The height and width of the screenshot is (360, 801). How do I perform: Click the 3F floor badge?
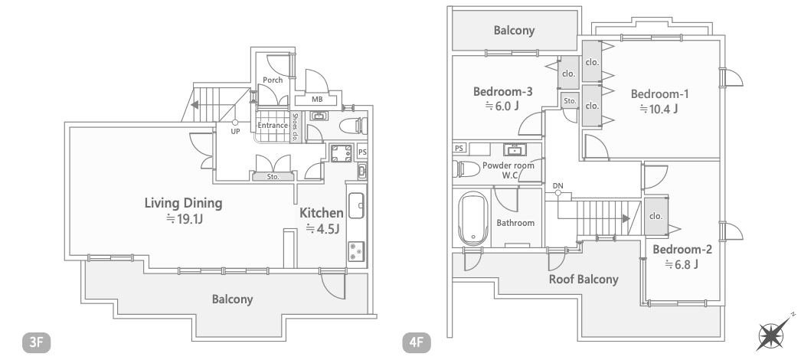coord(36,342)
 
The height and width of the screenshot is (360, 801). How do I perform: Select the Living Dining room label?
coord(184,203)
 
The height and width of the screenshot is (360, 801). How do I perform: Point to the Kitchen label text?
coord(321,212)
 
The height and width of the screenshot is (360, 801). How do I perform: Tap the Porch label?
coord(273,80)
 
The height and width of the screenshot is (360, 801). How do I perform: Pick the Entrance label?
coord(272,126)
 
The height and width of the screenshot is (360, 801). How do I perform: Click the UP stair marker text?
coord(235,132)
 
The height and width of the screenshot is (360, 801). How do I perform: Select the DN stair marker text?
coord(557,185)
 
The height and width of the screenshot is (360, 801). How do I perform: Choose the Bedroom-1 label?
coord(659,94)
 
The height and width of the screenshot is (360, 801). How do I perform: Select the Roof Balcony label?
coord(584,279)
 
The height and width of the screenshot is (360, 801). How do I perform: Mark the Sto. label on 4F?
coord(569,101)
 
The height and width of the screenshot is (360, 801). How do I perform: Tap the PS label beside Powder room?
coord(459,148)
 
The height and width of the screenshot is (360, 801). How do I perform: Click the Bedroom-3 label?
coord(503,92)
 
